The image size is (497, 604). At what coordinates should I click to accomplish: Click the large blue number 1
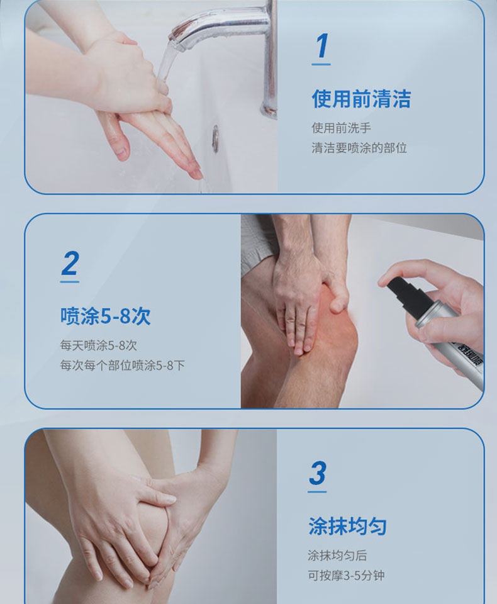[x=321, y=45]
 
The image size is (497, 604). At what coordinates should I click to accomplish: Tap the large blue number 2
[x=70, y=263]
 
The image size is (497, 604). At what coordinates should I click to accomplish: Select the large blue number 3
[x=318, y=473]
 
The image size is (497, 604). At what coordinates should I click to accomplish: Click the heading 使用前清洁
[x=361, y=99]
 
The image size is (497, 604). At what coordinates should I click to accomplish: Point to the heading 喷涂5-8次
[x=105, y=316]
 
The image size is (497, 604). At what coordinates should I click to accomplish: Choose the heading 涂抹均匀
[x=347, y=526]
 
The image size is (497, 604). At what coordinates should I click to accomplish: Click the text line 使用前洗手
[x=341, y=128]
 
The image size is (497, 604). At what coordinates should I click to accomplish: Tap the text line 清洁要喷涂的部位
[x=359, y=147]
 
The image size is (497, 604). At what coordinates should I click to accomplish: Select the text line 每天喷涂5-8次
[x=98, y=345]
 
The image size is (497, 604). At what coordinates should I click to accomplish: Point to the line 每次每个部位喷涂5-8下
[x=122, y=365]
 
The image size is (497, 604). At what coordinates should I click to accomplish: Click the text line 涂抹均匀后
[x=337, y=555]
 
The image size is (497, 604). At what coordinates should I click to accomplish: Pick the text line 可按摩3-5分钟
[x=346, y=575]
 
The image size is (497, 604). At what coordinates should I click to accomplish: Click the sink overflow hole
[x=215, y=138]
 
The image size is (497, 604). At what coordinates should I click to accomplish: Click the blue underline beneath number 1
[x=321, y=64]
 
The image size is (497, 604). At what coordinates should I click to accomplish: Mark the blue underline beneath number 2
[x=70, y=282]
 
